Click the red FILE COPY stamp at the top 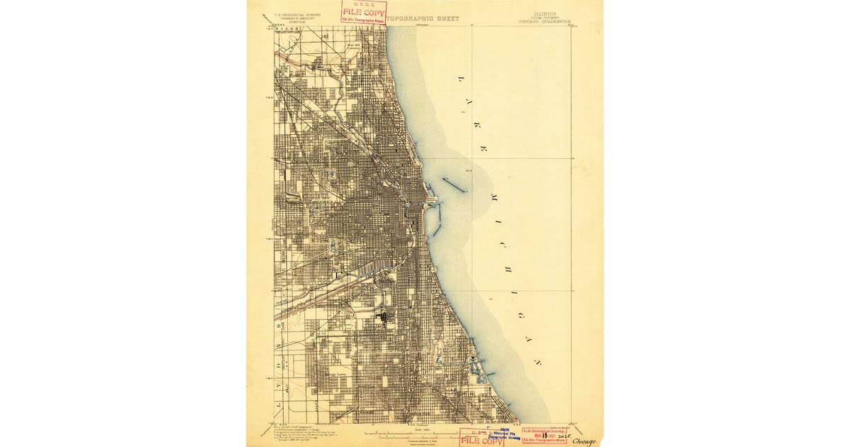point(364,13)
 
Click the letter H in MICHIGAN point(508,270)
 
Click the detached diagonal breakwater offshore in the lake point(453,185)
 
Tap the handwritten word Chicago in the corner point(584,441)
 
